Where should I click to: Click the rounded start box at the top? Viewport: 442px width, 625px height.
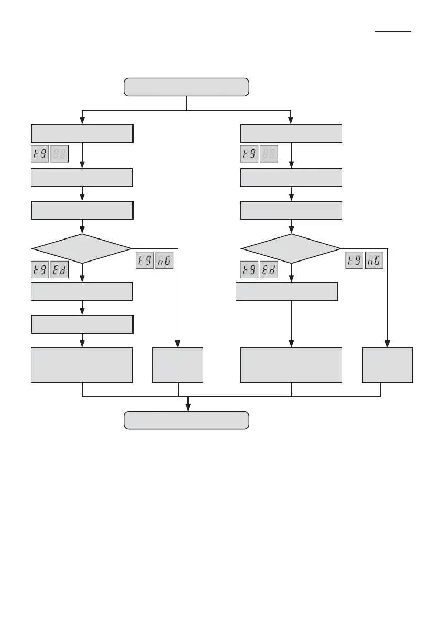pos(186,87)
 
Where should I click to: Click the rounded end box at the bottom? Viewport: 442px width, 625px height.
pos(186,421)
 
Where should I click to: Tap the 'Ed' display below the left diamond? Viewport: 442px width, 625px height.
pos(60,270)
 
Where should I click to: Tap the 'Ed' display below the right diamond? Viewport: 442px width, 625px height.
pos(269,270)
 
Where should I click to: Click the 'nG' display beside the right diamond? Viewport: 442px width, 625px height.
pos(374,260)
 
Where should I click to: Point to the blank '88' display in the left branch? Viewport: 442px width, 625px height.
pos(60,154)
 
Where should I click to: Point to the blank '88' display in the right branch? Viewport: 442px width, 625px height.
pos(269,154)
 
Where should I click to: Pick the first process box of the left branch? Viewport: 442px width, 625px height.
pos(82,134)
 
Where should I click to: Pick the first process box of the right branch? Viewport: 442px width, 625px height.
pos(291,134)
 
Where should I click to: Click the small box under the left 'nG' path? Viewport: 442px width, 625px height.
pos(178,365)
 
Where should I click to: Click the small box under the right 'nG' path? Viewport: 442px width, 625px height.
pos(388,365)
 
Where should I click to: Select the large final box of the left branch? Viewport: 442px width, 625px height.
pos(82,365)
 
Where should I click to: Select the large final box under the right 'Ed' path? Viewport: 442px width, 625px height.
pos(291,365)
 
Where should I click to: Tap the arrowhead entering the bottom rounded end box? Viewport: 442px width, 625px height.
pos(188,408)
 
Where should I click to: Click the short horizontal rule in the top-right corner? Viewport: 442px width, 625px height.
pos(393,31)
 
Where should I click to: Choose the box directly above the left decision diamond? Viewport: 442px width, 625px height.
pos(82,210)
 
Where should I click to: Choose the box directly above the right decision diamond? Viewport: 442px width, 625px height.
pos(291,210)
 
